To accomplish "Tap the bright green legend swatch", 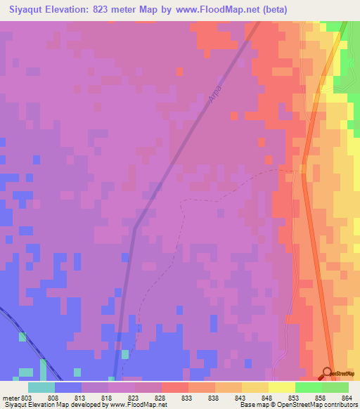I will click(309, 387).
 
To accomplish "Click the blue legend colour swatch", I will click(68, 387).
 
